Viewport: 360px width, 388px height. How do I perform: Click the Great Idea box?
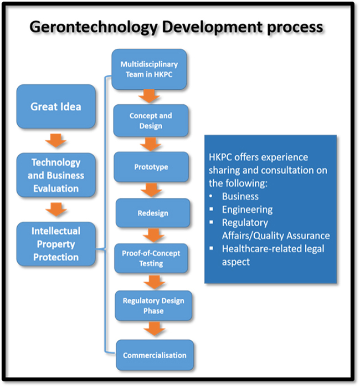pyautogui.click(x=56, y=106)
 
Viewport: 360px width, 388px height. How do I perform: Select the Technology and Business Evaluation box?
pyautogui.click(x=56, y=175)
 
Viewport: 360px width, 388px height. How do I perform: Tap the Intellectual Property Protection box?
pyautogui.click(x=56, y=244)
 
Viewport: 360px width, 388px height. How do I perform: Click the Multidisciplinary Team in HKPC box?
pyautogui.click(x=149, y=69)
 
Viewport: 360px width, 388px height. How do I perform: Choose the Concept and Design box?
pyautogui.click(x=151, y=120)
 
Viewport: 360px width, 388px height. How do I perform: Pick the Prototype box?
pyautogui.click(x=151, y=167)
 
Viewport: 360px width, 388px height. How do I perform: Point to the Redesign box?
pyautogui.click(x=153, y=213)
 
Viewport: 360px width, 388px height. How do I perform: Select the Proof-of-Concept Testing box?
pyautogui.click(x=151, y=258)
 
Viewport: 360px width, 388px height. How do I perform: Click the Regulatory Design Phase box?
pyautogui.click(x=153, y=306)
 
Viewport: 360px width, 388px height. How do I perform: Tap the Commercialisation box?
pyautogui.click(x=155, y=355)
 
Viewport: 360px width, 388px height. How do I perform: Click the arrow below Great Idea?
pyautogui.click(x=55, y=141)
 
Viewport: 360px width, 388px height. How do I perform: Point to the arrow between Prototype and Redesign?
pyautogui.click(x=151, y=190)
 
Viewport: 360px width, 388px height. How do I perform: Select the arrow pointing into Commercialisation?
pyautogui.click(x=155, y=329)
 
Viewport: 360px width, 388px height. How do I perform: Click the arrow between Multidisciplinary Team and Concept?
pyautogui.click(x=149, y=96)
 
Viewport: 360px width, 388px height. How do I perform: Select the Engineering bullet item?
pyautogui.click(x=247, y=210)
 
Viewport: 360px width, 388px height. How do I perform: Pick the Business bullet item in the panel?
pyautogui.click(x=240, y=196)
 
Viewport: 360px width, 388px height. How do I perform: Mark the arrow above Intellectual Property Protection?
pyautogui.click(x=56, y=210)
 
